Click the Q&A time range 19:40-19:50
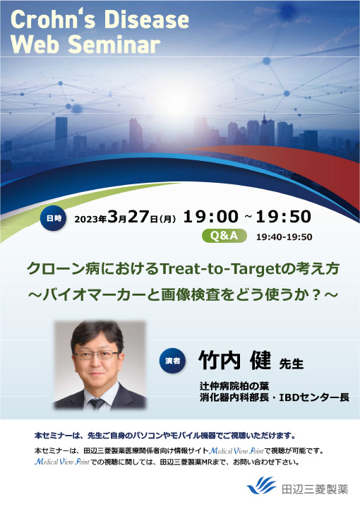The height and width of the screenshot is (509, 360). (x=284, y=237)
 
